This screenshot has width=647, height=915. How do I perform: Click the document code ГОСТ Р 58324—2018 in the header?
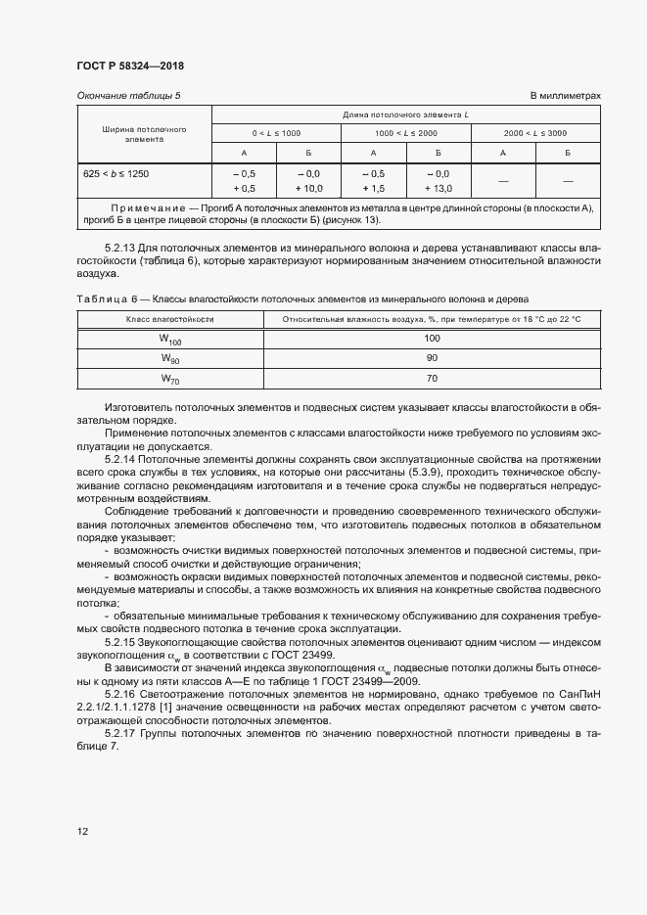point(129,66)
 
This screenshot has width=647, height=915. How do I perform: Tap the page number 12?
point(82,831)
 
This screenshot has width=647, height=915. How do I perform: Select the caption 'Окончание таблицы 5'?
point(128,95)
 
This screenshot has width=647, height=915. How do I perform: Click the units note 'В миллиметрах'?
point(565,95)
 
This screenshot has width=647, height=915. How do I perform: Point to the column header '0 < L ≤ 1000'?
point(277,132)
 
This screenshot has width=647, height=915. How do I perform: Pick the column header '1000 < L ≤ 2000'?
point(405,132)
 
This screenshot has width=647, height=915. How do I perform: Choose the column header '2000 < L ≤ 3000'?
point(534,132)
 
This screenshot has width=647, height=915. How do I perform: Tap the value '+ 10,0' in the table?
point(309,188)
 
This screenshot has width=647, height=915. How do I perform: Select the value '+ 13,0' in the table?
point(438,188)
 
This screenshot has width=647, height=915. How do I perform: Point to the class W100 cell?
point(170,339)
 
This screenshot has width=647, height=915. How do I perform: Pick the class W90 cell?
point(170,359)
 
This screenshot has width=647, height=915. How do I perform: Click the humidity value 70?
point(431,379)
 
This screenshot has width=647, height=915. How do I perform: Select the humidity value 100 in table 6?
point(431,338)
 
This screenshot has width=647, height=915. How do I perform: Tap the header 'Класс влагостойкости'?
point(169,319)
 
